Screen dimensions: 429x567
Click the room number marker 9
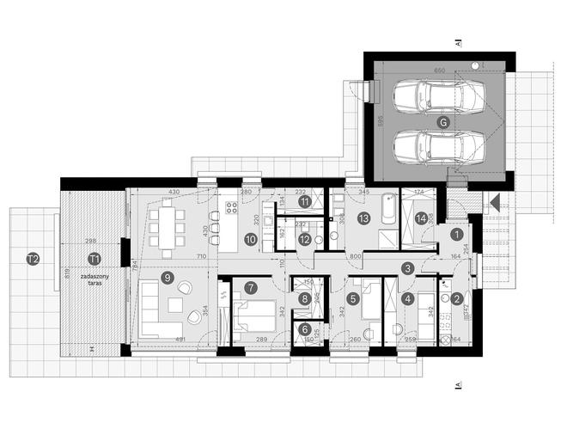(x=167, y=277)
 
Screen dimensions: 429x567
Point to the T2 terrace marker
(x=32, y=257)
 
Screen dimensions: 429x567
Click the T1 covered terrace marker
(x=94, y=257)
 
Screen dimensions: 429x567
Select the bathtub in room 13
(x=384, y=207)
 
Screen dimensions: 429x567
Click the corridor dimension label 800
(x=355, y=256)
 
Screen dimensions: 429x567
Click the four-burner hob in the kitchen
(x=230, y=207)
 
